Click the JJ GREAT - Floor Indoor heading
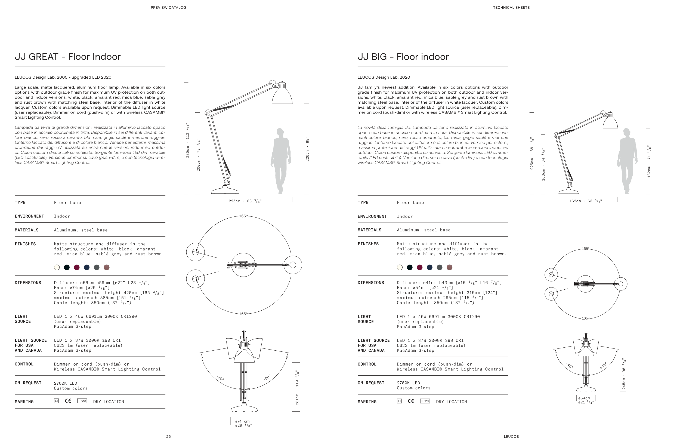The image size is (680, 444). click(x=68, y=57)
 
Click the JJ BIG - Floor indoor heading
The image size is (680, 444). click(x=403, y=57)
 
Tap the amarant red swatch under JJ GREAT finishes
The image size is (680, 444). click(x=77, y=267)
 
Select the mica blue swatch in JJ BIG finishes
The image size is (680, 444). click(x=429, y=267)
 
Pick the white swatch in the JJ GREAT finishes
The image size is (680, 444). click(x=57, y=267)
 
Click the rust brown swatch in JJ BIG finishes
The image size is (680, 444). click(x=449, y=267)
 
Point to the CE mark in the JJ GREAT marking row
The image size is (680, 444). click(x=68, y=401)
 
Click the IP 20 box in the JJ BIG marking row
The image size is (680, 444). click(x=425, y=401)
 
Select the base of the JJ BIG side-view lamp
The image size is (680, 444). click(x=568, y=191)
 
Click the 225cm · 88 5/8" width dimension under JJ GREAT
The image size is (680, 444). click(x=245, y=201)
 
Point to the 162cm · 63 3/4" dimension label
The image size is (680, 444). click(x=585, y=201)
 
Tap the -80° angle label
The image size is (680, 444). click(x=220, y=378)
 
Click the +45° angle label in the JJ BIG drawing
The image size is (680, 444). click(x=603, y=365)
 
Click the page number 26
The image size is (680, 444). click(x=168, y=437)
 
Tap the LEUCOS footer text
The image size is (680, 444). click(x=511, y=437)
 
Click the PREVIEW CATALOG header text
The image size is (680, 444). click(x=168, y=7)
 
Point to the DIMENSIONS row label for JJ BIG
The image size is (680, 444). click(x=370, y=283)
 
